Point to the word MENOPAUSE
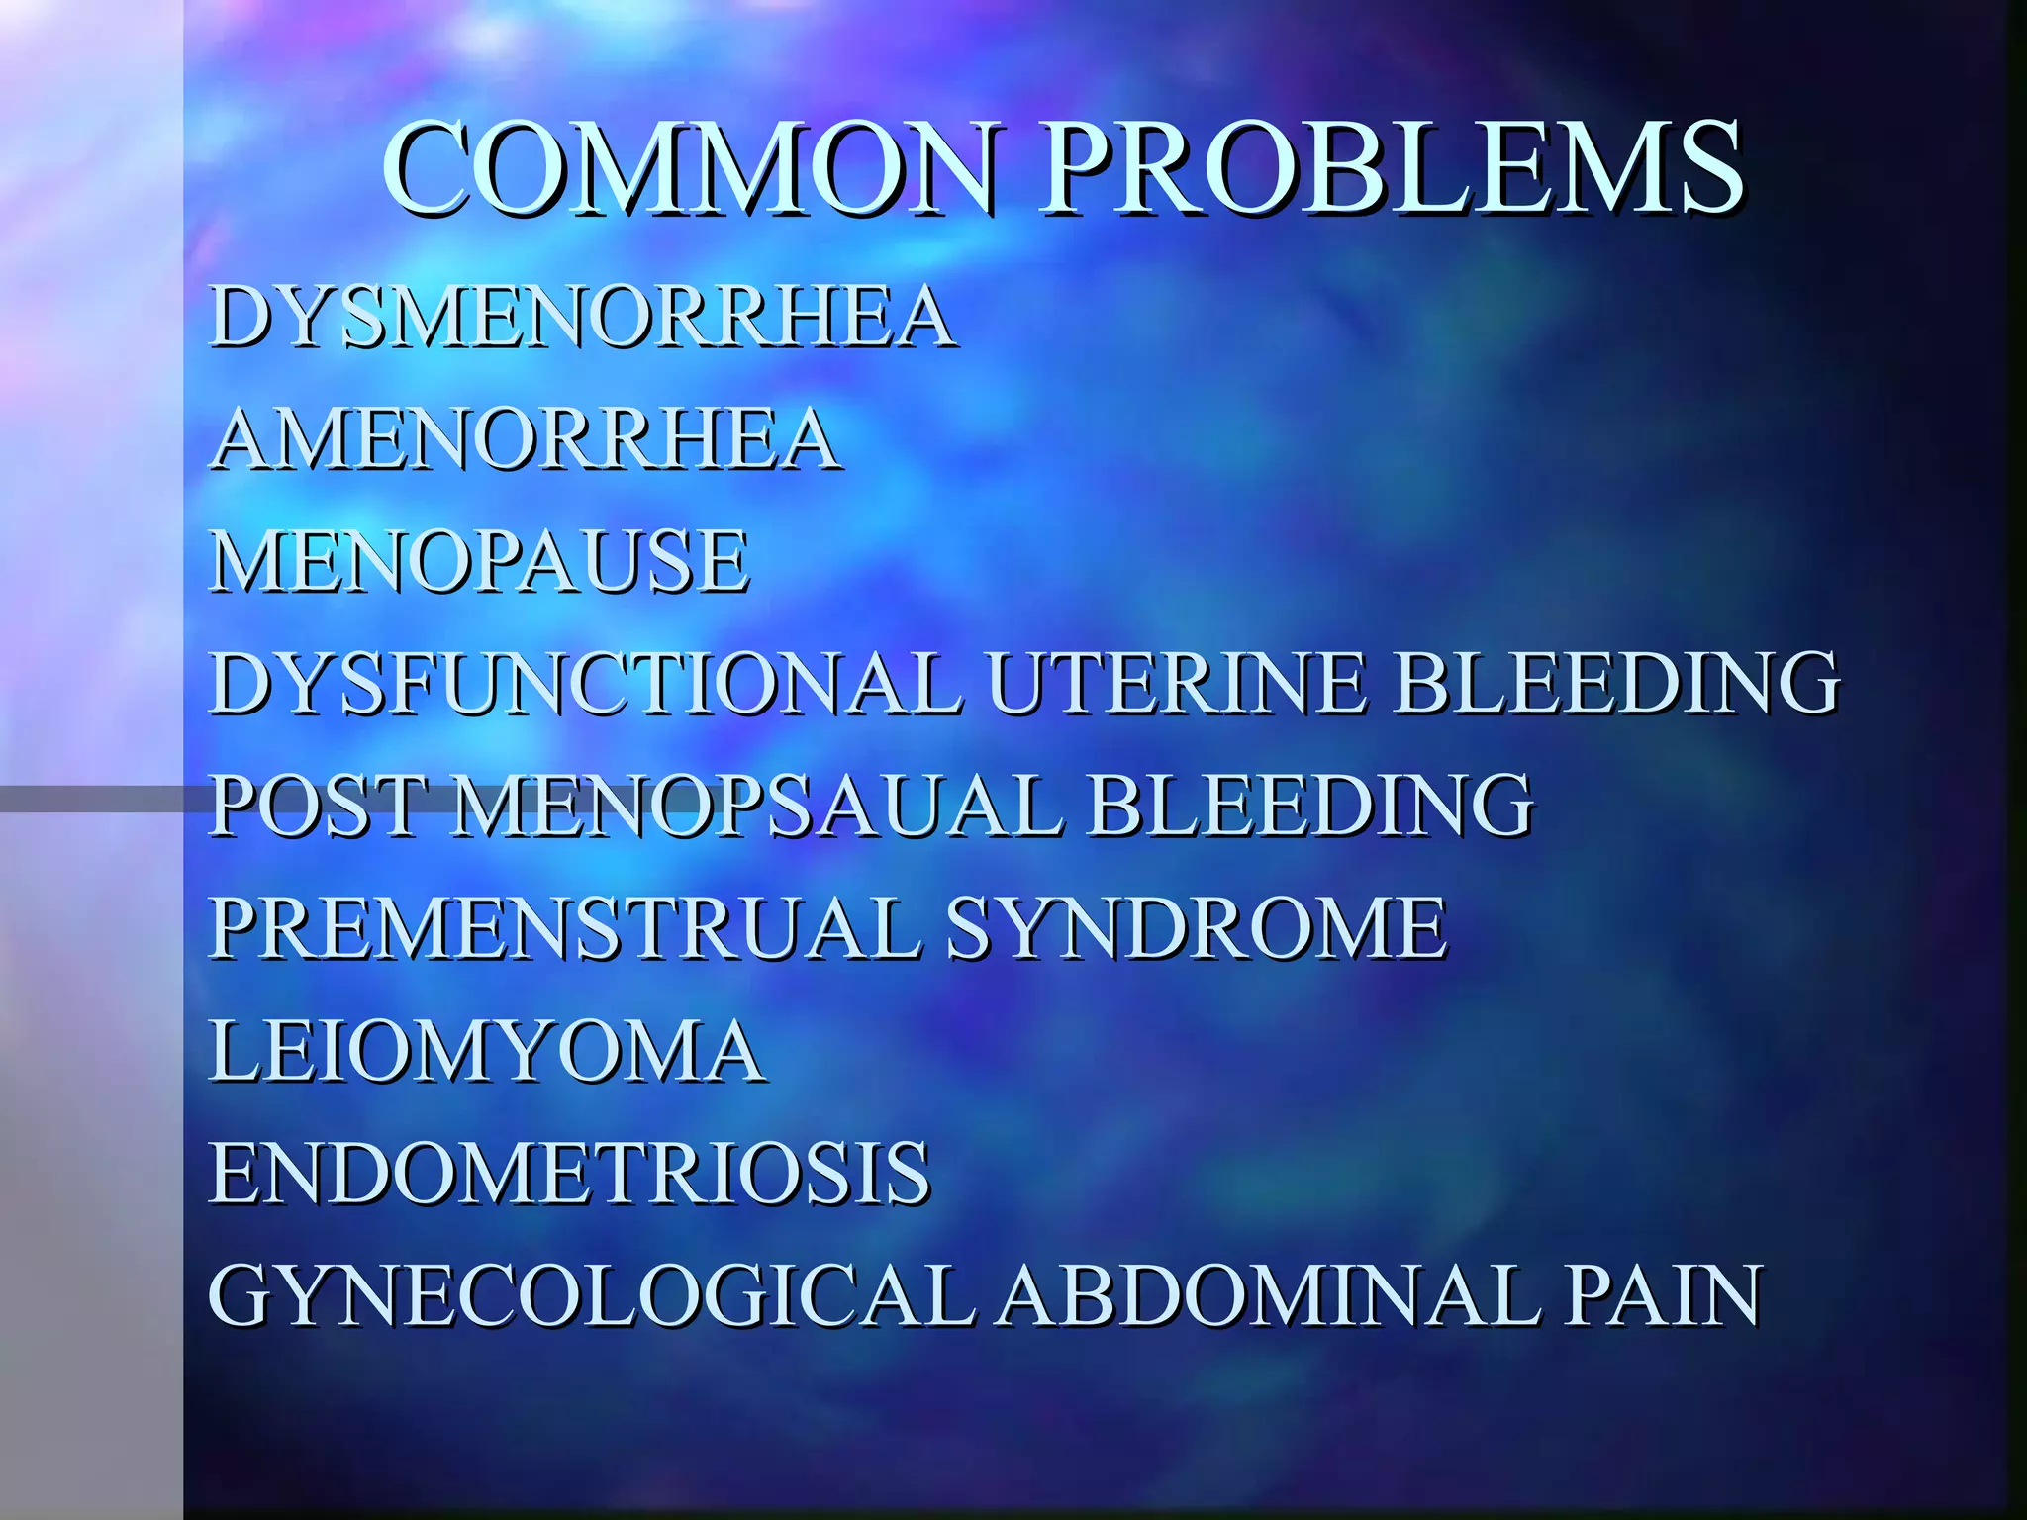point(480,561)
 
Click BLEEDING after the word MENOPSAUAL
point(1310,806)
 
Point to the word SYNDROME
point(1197,928)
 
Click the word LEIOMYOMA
point(487,1051)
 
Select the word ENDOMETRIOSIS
point(570,1174)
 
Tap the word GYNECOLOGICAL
point(592,1296)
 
